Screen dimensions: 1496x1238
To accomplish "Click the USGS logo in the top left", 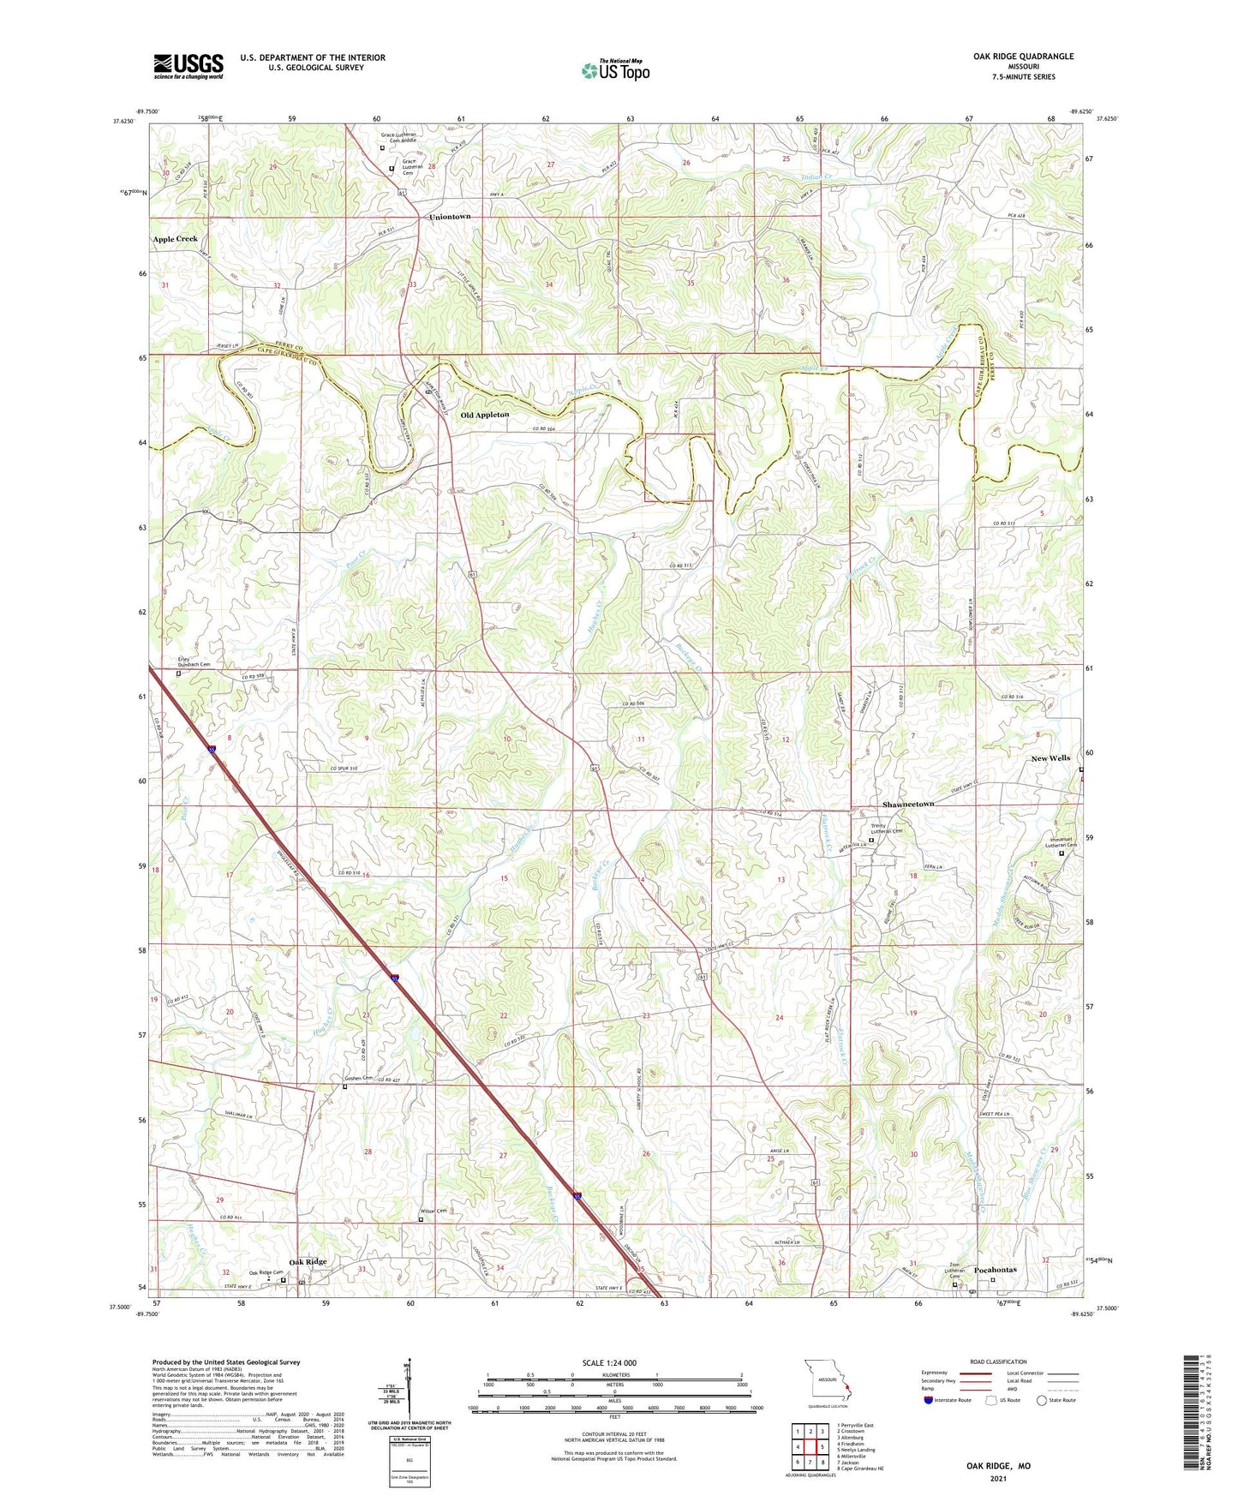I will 188,66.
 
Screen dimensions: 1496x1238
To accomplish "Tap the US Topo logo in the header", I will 615,70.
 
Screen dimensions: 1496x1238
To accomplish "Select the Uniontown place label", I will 450,217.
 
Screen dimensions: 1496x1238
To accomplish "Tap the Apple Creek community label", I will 175,239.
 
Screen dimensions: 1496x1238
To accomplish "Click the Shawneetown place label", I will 908,805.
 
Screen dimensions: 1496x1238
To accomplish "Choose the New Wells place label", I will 1050,758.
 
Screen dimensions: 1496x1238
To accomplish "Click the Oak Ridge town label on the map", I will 308,1262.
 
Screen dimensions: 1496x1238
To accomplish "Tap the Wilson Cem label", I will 434,1211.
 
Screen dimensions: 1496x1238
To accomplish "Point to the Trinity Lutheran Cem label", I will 887,829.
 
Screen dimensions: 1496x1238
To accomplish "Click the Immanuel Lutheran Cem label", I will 1062,842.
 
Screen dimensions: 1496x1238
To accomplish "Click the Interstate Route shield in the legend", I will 929,1401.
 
